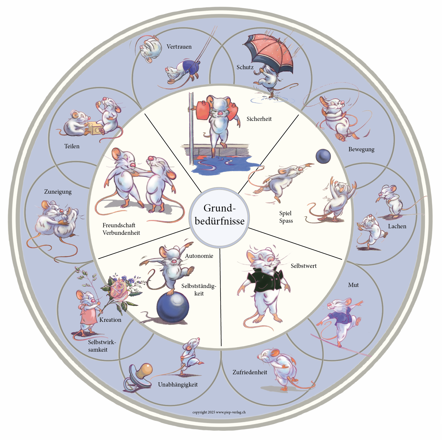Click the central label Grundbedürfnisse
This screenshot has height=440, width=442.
click(x=219, y=214)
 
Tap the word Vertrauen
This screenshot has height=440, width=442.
click(x=179, y=47)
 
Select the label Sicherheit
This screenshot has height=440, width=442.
click(x=259, y=119)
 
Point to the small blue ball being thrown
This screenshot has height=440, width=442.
click(x=323, y=156)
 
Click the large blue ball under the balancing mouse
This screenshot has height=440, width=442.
click(x=173, y=307)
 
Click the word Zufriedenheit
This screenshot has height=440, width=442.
click(x=250, y=372)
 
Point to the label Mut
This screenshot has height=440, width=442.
click(x=353, y=285)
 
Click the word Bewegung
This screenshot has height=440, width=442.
click(x=361, y=150)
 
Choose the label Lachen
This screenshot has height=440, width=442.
click(x=397, y=226)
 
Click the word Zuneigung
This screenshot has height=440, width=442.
click(x=58, y=192)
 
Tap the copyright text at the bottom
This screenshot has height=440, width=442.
click(x=219, y=412)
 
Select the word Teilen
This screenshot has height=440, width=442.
click(x=72, y=146)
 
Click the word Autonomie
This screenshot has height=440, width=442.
click(x=199, y=256)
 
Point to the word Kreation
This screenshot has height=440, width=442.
click(x=110, y=320)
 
